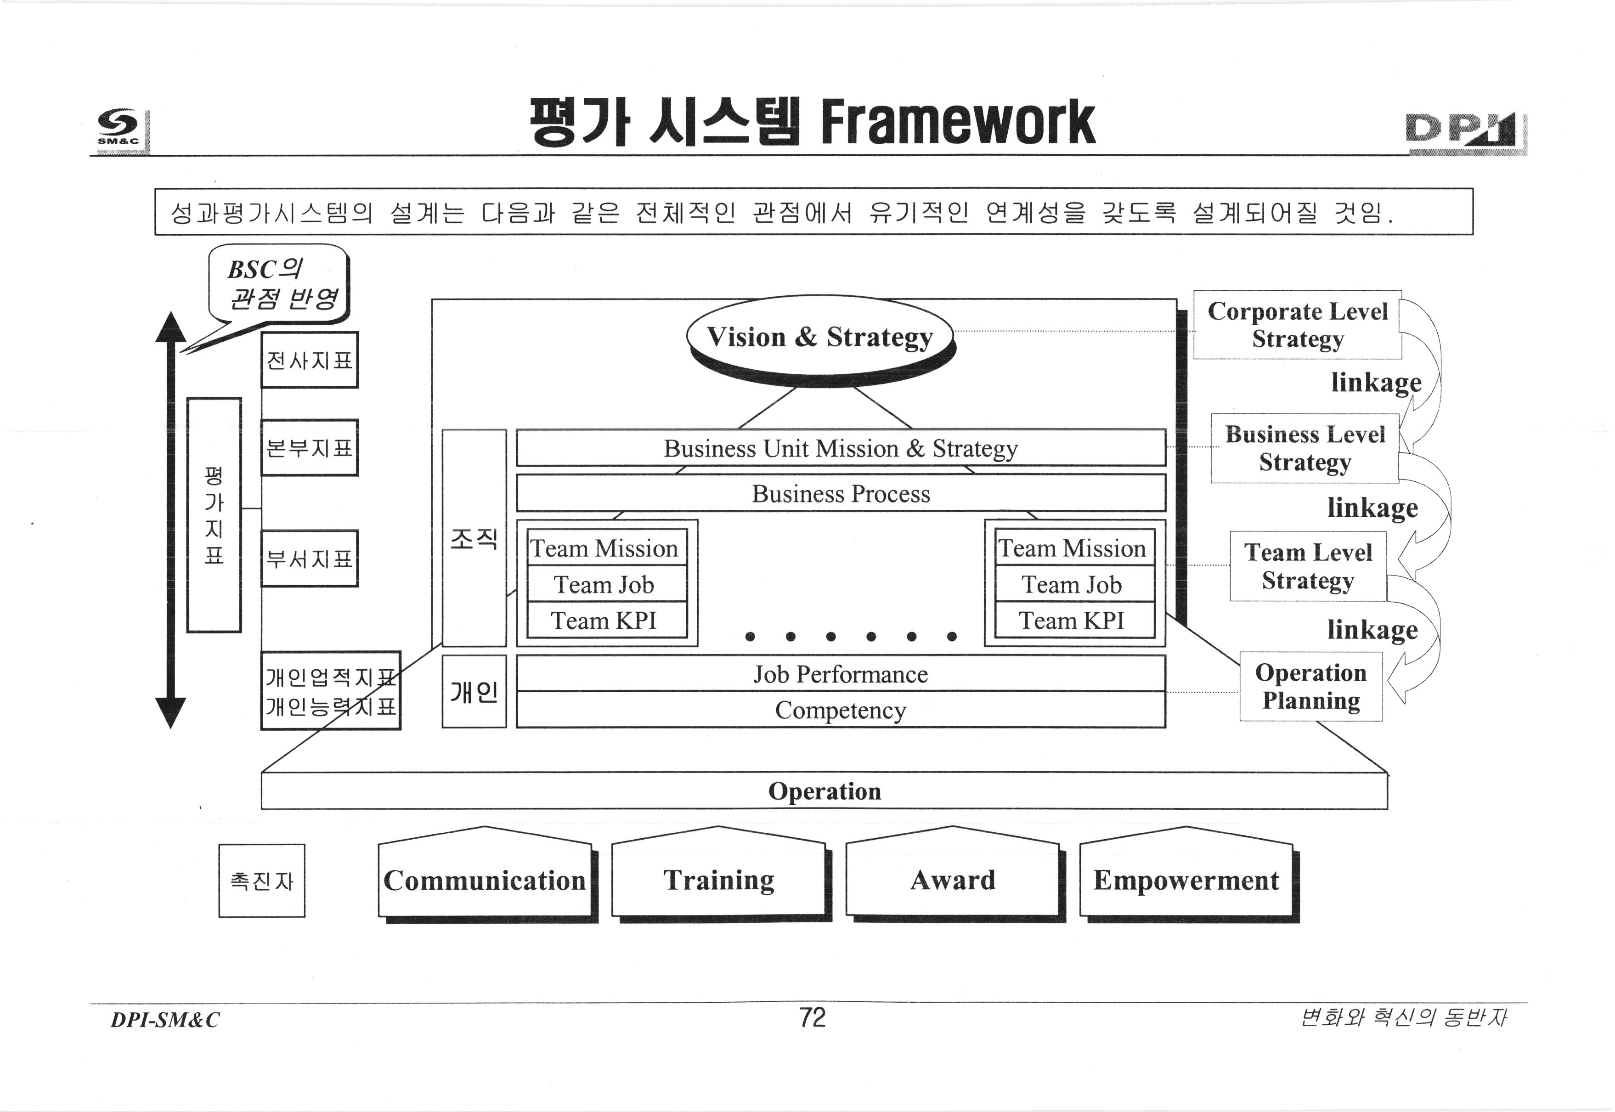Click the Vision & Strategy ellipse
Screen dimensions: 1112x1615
point(819,337)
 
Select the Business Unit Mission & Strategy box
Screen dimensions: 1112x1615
point(840,448)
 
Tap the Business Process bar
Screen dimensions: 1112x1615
point(840,493)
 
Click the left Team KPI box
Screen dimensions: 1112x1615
point(604,620)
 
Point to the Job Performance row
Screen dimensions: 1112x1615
point(840,674)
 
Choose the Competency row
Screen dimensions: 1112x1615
point(840,710)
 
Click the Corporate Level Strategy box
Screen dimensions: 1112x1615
point(1297,325)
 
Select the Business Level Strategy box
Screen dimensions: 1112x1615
point(1304,448)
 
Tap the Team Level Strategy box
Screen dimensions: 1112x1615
point(1308,566)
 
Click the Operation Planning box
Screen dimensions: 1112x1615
point(1310,686)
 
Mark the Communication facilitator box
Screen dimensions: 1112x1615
point(485,880)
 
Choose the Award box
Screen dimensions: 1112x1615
point(952,880)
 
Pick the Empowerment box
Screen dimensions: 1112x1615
point(1186,880)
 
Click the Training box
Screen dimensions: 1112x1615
point(718,880)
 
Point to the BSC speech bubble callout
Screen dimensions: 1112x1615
point(279,284)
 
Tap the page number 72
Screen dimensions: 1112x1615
point(813,1018)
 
